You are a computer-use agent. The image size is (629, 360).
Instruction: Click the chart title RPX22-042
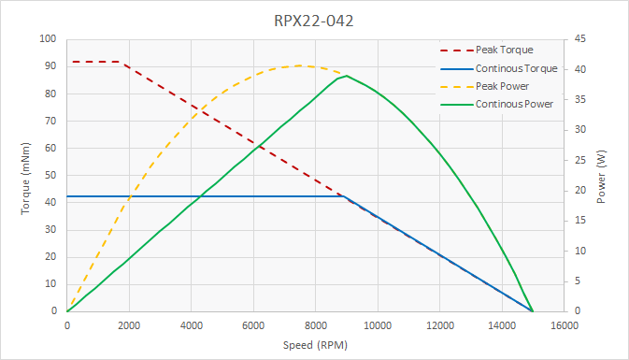315,19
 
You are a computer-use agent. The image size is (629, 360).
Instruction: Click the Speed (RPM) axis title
315,345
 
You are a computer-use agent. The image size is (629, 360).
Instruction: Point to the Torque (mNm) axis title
25,176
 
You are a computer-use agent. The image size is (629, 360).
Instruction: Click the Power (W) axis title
602,176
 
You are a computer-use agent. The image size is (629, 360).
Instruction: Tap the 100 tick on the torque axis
48,39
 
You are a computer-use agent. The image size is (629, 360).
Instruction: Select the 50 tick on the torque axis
50,176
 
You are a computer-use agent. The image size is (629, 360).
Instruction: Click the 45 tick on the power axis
579,39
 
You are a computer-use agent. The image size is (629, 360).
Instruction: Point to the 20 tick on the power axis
579,191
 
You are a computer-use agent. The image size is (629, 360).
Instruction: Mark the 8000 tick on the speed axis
315,325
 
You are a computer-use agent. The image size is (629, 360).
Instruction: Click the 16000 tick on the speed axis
564,325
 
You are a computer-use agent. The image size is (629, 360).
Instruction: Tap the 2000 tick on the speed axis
129,325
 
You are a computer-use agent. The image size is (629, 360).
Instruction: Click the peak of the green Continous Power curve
347,76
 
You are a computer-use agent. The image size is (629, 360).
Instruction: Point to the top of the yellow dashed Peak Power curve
300,65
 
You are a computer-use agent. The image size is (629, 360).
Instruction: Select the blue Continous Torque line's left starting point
67,196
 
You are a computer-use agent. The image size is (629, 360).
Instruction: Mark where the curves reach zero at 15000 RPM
533,311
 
